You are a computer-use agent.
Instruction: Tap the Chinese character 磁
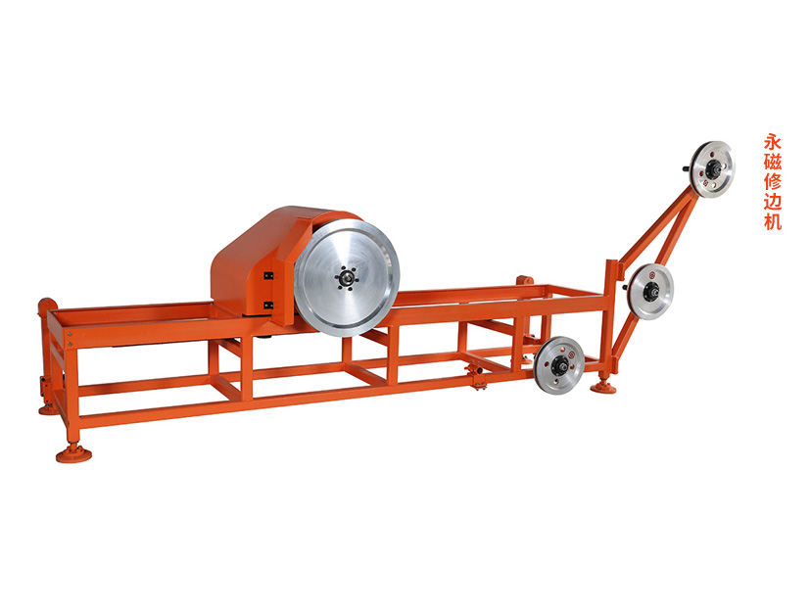pos(772,162)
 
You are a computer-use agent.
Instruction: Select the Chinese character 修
pos(772,181)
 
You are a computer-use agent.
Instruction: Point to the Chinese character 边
pos(772,201)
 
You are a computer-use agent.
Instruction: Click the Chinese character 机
pos(772,221)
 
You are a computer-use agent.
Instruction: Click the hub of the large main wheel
pos(346,278)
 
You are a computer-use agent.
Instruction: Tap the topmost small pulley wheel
pos(713,169)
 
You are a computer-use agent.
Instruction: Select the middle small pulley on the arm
pos(650,291)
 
